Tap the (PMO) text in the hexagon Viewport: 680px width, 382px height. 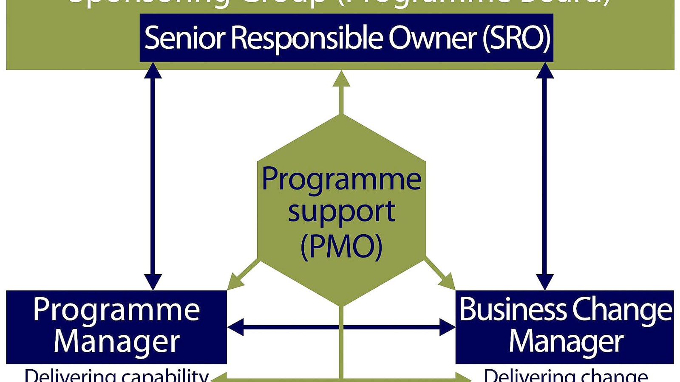[341, 246]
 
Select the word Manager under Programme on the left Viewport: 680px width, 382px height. [116, 342]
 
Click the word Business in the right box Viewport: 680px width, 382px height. [513, 310]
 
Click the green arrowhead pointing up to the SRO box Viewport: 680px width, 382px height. [341, 80]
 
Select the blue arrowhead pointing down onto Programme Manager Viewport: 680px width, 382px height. [153, 282]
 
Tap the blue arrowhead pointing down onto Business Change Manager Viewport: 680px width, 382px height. [545, 282]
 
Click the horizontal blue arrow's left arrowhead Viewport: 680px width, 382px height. [235, 327]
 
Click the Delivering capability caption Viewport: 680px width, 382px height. [116, 376]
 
